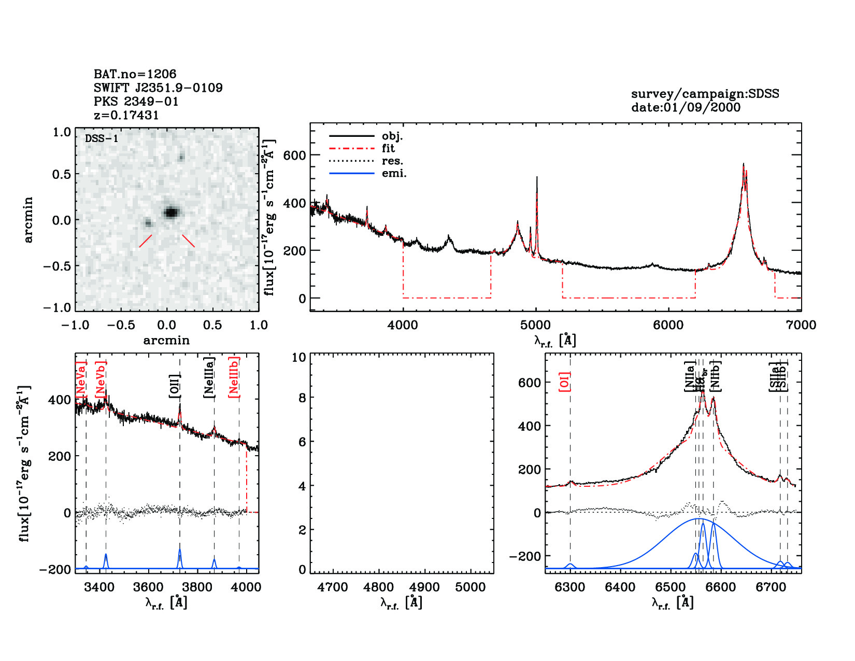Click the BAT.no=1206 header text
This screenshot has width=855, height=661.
tap(135, 74)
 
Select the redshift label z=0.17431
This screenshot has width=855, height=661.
tap(126, 115)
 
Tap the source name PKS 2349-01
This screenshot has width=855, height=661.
tap(136, 102)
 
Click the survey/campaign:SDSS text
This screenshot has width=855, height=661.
tap(705, 94)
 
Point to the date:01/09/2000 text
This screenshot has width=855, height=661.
tap(686, 107)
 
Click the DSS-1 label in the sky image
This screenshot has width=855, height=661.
tap(102, 138)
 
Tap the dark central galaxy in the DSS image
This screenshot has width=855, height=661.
tap(172, 212)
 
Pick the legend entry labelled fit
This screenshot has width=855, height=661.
tap(388, 149)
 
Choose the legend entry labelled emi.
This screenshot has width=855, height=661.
tap(394, 174)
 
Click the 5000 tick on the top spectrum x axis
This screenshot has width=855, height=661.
tap(535, 325)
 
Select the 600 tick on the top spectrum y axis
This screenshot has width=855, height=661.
tap(294, 155)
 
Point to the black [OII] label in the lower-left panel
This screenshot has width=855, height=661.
tap(175, 386)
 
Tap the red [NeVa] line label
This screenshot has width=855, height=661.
tap(81, 381)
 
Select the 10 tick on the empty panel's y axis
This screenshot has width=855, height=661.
tap(298, 357)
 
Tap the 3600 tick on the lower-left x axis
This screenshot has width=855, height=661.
tap(148, 587)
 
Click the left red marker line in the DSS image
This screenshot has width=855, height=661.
tap(146, 241)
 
